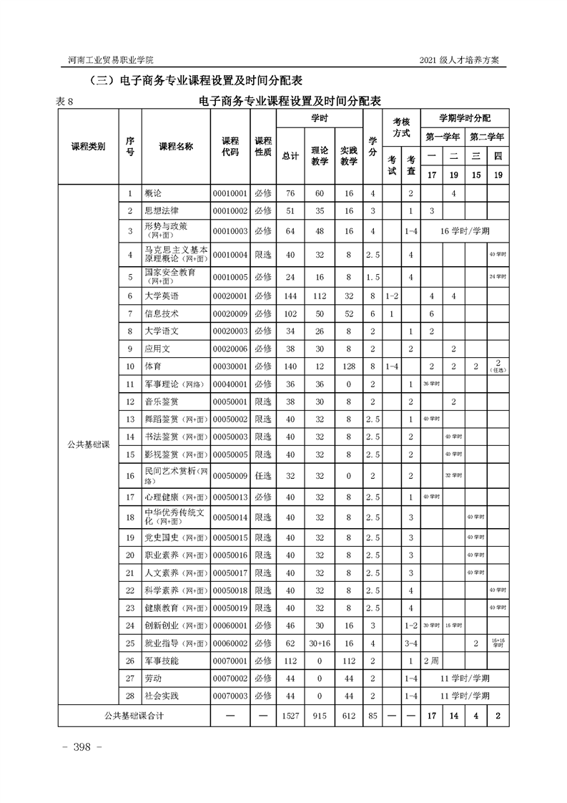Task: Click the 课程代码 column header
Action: (230, 146)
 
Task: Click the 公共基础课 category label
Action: (87, 444)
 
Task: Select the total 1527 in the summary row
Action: (290, 715)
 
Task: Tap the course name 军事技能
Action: (162, 660)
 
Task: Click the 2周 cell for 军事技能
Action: (431, 660)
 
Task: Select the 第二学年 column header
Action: (487, 136)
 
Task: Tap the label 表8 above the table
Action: (65, 101)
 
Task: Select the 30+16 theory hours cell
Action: (319, 642)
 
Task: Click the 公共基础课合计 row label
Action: (134, 715)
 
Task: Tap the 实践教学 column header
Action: (348, 156)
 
